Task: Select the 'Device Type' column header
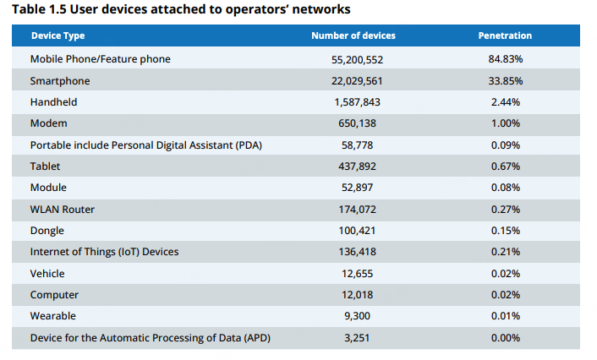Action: (58, 36)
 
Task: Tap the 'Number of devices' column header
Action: (353, 36)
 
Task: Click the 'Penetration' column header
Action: (505, 36)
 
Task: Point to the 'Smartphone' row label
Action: (59, 81)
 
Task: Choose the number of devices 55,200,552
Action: (353, 59)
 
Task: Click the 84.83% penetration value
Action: (505, 59)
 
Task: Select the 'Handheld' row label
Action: (53, 102)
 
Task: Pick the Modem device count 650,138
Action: (353, 123)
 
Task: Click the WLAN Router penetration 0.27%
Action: (505, 210)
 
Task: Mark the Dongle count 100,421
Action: (353, 231)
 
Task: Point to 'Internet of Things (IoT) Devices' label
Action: (104, 252)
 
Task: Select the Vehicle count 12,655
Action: (353, 274)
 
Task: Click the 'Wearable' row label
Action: (52, 316)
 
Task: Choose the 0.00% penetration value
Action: (505, 338)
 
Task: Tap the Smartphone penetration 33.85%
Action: (505, 81)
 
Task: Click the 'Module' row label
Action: (48, 188)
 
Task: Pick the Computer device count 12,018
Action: (353, 295)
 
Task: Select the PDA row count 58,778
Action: (353, 145)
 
